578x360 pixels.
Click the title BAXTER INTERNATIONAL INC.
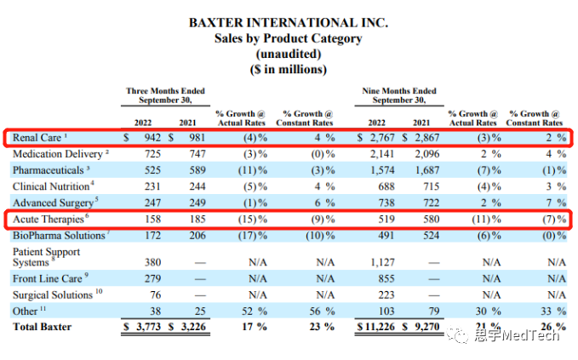click(x=289, y=23)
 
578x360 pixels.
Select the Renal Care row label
click(x=40, y=137)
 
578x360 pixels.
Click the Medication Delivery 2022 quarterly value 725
click(x=153, y=155)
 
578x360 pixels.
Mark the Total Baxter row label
click(x=42, y=328)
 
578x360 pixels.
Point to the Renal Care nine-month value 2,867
click(x=426, y=137)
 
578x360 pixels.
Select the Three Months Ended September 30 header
click(x=165, y=95)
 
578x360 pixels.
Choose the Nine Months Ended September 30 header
click(x=399, y=95)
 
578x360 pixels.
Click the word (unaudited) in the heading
click(x=289, y=54)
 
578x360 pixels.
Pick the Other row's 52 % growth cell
click(x=250, y=311)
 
